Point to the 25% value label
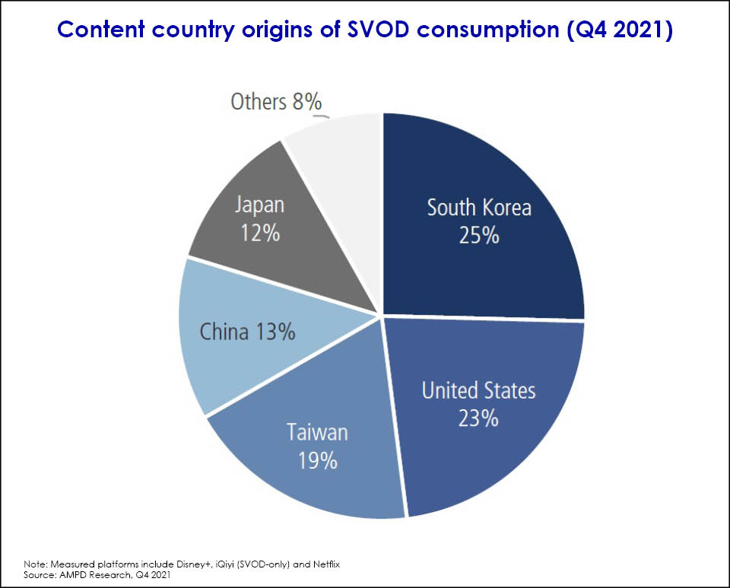479,236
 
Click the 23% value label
479,418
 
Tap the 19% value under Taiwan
318,460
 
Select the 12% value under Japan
260,232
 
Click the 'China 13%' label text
247,332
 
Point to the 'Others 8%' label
277,101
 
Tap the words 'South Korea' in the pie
478,208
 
